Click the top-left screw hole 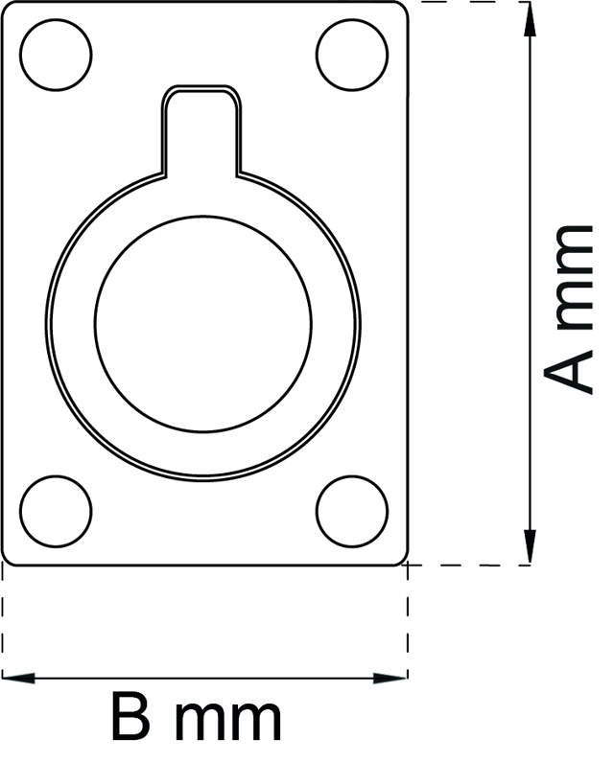point(56,52)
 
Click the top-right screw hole point(352,52)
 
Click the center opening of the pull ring point(203,322)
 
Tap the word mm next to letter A point(573,278)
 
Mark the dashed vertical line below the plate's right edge point(408,623)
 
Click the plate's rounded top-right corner point(402,9)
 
